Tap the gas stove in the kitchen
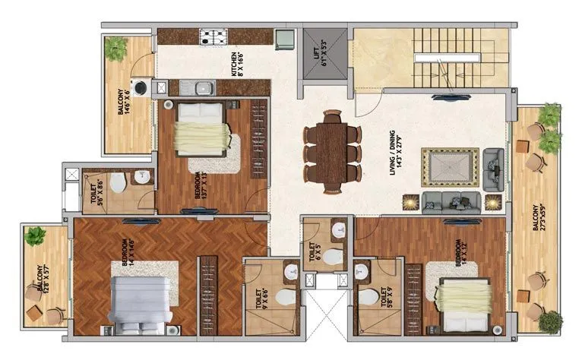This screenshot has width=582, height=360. (x=211, y=36)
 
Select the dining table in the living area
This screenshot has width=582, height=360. (x=331, y=147)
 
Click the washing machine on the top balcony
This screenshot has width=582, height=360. (x=141, y=87)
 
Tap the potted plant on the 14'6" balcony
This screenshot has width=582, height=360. (x=116, y=49)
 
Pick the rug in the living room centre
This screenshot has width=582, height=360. (x=451, y=167)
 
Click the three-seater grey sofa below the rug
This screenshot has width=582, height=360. (x=451, y=201)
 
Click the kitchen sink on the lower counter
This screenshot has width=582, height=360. (x=200, y=88)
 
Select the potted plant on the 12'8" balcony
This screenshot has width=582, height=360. (x=36, y=236)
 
